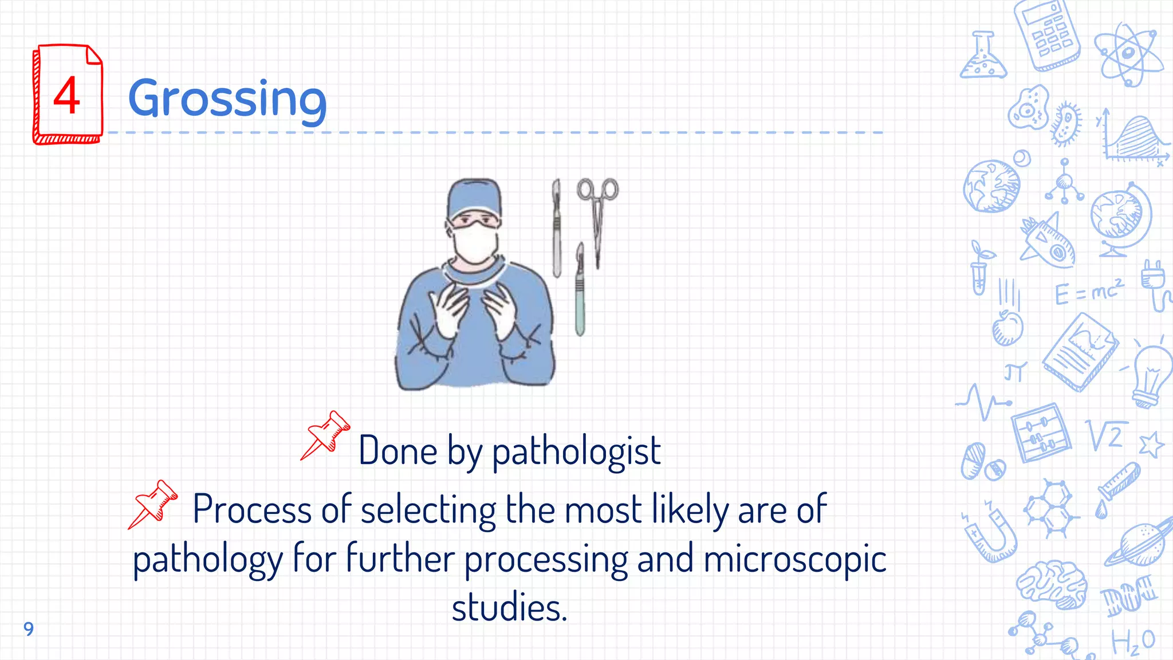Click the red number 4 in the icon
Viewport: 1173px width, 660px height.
[x=66, y=96]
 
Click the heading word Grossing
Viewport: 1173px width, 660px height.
[x=227, y=99]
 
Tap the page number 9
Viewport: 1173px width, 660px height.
[x=29, y=629]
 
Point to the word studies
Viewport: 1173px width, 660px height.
[x=509, y=608]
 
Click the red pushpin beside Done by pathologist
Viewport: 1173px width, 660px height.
[x=325, y=435]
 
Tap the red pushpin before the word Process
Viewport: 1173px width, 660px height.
[x=153, y=504]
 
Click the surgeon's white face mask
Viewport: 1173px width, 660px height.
[x=475, y=244]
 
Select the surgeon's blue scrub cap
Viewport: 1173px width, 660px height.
[x=474, y=198]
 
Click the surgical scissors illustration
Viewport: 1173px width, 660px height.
[x=597, y=218]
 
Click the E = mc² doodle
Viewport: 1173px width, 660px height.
[x=1088, y=292]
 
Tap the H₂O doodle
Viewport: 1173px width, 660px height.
[x=1133, y=642]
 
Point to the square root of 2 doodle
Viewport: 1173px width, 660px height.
[x=1107, y=435]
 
